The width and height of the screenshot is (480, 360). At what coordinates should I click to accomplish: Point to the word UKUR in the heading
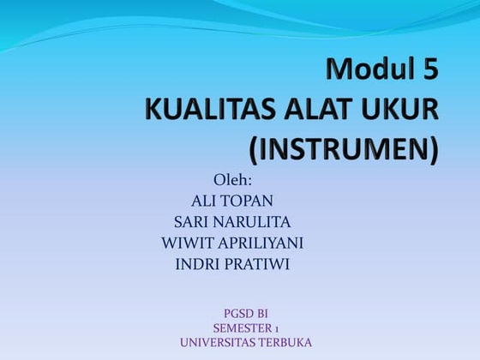click(399, 109)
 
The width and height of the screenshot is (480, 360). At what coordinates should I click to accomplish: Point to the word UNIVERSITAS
click(218, 343)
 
